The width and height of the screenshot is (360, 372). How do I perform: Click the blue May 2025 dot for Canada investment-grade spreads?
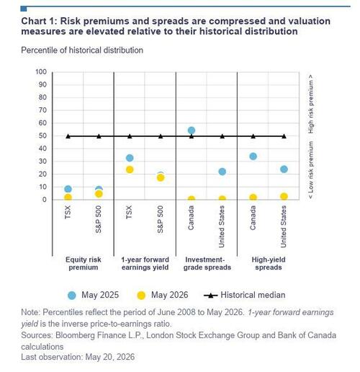coord(192,130)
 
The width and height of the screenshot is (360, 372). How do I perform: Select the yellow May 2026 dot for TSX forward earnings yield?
coord(130,169)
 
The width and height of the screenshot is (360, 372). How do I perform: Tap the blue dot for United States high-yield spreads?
coord(284,169)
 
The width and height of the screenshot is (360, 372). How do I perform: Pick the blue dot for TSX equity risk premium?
coord(68,189)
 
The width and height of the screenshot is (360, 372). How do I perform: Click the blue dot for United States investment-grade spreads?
coord(222,172)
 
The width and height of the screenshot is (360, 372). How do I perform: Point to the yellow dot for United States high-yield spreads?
coord(284,196)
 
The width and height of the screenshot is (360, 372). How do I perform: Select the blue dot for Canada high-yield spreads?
coord(253,156)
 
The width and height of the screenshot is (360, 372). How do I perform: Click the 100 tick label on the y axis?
coord(41,72)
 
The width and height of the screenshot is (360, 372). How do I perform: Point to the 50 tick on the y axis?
coord(42,136)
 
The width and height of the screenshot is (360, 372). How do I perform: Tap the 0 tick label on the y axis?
coord(45,200)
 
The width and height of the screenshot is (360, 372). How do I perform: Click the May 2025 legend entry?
coord(93,295)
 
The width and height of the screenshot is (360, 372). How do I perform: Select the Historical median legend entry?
coord(245,295)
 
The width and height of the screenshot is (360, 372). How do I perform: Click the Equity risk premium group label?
coord(84,263)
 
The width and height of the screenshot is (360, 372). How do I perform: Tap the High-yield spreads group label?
coord(269,263)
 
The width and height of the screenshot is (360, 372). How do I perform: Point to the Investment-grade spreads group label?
coord(207,263)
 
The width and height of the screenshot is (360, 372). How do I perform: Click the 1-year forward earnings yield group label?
coord(145,263)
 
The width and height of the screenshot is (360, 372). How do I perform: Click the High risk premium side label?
coord(310,104)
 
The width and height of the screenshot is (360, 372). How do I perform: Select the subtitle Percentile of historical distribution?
coord(82,50)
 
